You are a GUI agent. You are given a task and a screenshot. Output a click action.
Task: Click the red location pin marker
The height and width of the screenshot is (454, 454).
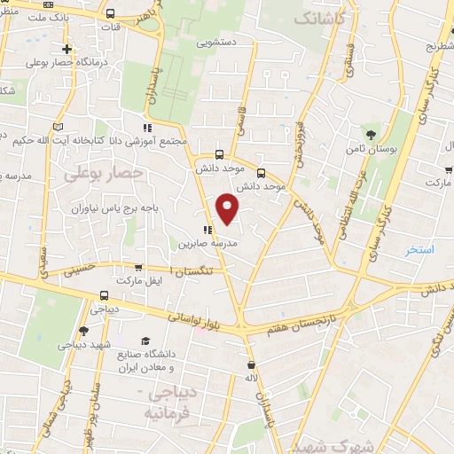[x=228, y=207]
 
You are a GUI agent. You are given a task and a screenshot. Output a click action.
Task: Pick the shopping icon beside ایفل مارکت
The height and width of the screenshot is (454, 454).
[x=137, y=266]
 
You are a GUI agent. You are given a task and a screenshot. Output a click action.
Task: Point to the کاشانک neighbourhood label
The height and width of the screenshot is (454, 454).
[x=317, y=18]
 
